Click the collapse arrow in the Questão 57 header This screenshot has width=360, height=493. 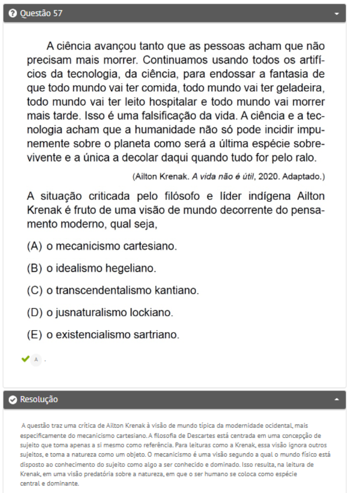click(337, 14)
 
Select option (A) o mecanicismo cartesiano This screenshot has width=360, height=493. click(102, 246)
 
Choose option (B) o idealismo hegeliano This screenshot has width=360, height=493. click(92, 268)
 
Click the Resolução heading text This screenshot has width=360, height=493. click(39, 400)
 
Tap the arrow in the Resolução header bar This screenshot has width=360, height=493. click(337, 400)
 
